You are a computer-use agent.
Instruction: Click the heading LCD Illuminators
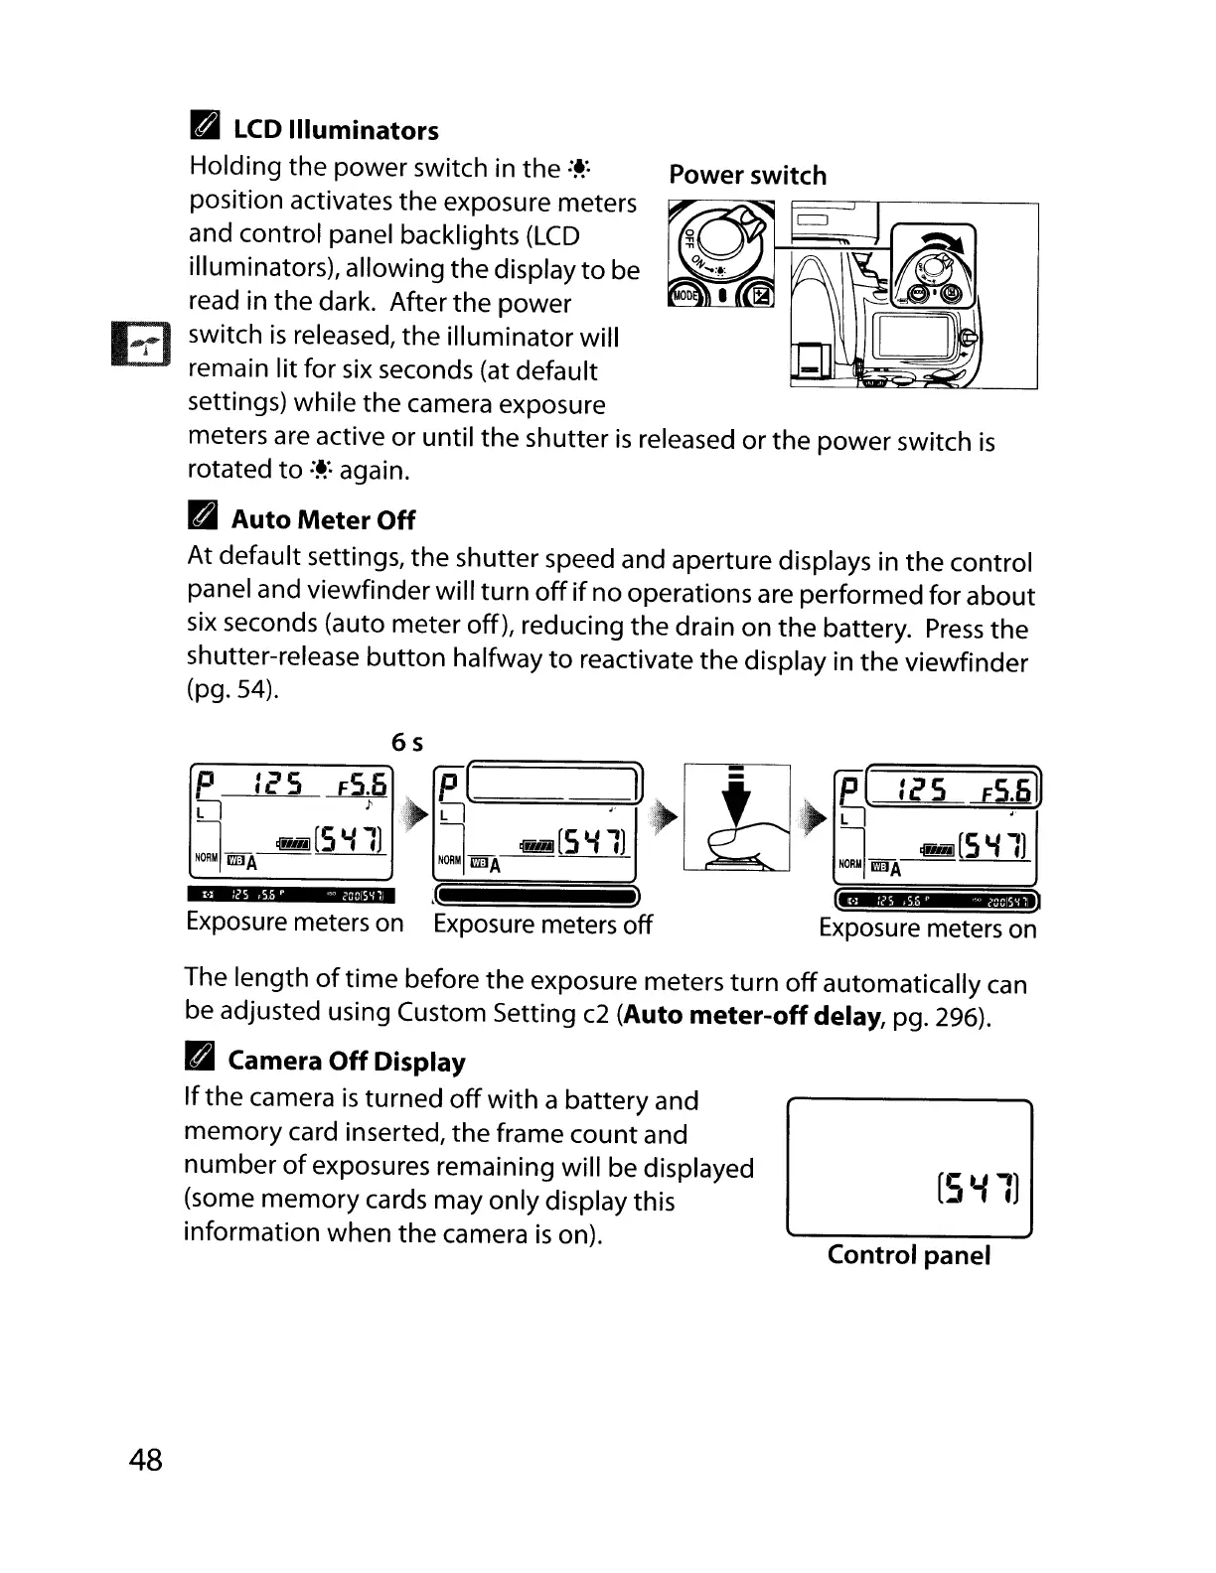point(335,131)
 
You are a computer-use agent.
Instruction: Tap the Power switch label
point(747,176)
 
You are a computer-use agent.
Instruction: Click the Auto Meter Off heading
point(323,520)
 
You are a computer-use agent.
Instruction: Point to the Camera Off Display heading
point(347,1062)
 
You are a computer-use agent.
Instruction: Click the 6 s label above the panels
point(407,742)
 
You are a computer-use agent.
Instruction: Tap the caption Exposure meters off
point(542,925)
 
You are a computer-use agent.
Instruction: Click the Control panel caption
point(908,1255)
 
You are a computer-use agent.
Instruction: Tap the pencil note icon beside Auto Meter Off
point(202,517)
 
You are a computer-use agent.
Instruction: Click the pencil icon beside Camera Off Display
point(200,1060)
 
